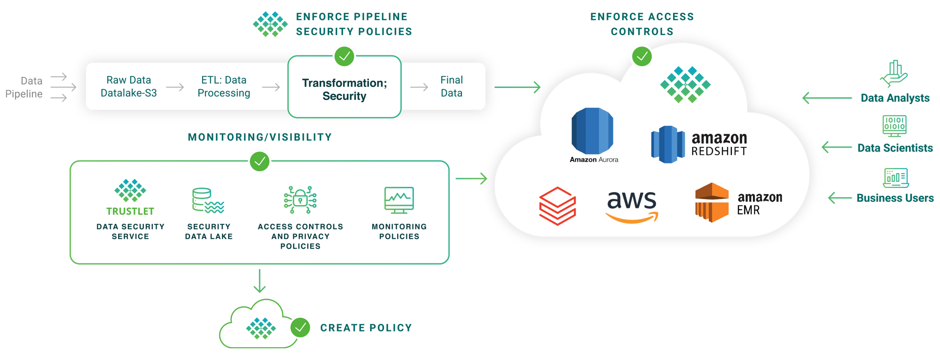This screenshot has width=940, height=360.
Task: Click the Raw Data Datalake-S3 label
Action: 128,86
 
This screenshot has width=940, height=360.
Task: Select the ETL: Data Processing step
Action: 224,86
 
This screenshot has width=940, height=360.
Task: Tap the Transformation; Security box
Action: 344,89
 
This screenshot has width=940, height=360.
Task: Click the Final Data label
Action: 451,86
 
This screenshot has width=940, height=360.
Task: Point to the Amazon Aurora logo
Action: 592,132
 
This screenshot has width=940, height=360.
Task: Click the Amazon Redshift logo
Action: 667,144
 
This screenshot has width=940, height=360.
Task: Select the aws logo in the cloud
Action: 631,206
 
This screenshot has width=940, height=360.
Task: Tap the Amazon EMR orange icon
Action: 712,202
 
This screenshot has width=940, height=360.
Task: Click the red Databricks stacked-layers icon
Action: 557,206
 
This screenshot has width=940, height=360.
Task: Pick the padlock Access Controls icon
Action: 300,200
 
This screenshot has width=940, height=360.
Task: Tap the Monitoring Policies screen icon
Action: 399,200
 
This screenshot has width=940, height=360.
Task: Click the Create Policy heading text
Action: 366,328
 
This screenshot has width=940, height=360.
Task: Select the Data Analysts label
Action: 895,98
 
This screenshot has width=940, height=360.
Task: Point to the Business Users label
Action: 895,198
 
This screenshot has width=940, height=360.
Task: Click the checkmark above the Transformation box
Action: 345,56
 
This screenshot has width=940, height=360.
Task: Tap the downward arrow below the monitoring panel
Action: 259,281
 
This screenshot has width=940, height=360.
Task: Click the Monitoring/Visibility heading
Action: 259,137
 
